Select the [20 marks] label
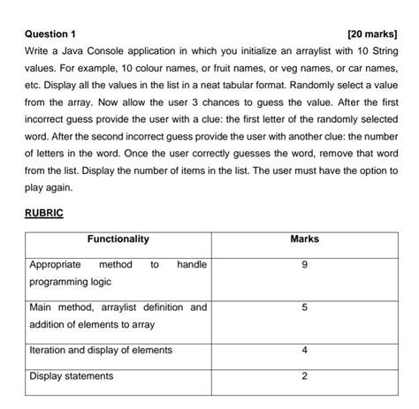(x=372, y=34)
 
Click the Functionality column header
(x=118, y=239)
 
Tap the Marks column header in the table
(x=304, y=239)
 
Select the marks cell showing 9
(x=304, y=265)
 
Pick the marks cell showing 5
(x=304, y=307)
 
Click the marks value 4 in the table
(x=304, y=351)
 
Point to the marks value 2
(x=304, y=376)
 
